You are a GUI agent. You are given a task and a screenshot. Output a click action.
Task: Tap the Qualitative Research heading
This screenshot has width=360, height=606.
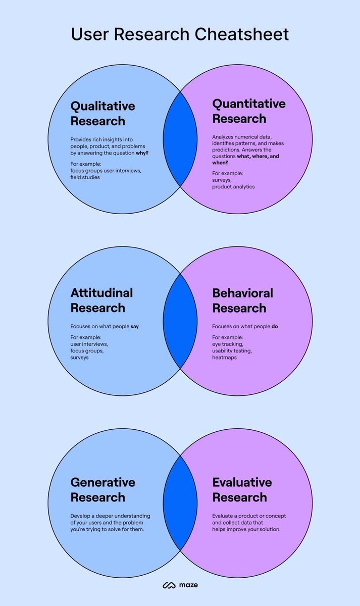pos(102,114)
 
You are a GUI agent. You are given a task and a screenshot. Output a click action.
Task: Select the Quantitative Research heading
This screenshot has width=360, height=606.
pos(248,111)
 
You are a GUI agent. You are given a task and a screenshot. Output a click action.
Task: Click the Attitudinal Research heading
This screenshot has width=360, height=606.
pos(101,300)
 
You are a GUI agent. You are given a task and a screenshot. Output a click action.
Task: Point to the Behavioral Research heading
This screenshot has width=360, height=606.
pos(242,300)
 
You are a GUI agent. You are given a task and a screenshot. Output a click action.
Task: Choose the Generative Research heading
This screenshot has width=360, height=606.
pos(102,490)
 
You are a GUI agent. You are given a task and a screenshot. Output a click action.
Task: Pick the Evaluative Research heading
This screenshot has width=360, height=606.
pos(242,490)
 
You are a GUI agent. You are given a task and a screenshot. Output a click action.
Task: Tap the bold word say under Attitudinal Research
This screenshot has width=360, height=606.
pos(135,326)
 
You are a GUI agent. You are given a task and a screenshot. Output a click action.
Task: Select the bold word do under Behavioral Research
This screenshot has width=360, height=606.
pos(275,326)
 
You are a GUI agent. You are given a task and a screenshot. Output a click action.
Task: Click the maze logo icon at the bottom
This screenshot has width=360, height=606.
pos(168,585)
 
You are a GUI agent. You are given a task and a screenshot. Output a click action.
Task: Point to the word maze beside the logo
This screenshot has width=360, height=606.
pos(187,585)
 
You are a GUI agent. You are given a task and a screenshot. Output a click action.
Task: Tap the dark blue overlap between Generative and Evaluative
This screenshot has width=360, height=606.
pos(180,503)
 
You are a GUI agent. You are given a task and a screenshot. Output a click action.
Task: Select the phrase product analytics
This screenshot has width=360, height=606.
pos(233,187)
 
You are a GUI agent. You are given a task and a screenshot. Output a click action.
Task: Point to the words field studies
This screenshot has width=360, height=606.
pos(85,177)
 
